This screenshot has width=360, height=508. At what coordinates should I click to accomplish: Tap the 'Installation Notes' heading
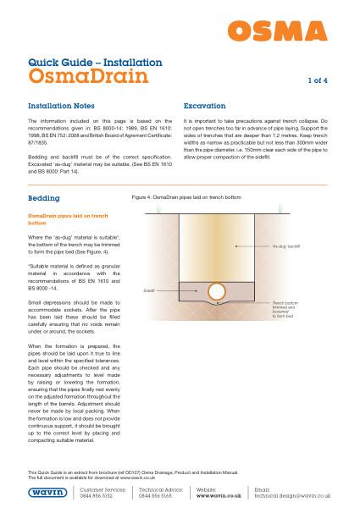pos(64,108)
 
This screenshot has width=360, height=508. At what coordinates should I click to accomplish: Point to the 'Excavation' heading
pos(208,108)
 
